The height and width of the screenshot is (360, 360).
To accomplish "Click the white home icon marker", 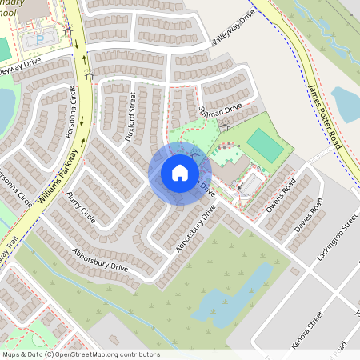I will (179, 172).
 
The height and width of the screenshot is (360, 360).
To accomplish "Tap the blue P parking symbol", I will (39, 39).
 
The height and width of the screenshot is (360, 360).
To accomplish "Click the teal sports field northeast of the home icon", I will (265, 145).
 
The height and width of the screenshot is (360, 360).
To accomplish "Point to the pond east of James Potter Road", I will (346, 103).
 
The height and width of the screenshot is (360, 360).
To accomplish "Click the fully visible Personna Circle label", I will (74, 112).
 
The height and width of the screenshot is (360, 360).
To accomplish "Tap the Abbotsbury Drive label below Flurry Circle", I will (99, 258).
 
